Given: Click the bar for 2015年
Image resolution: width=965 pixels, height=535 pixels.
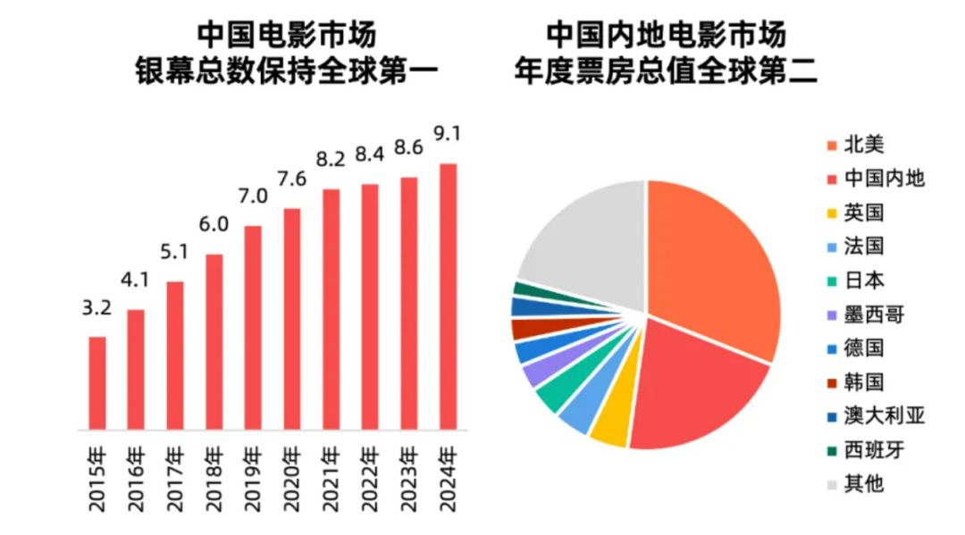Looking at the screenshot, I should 96,383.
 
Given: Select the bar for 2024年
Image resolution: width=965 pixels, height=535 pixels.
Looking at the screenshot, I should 449,297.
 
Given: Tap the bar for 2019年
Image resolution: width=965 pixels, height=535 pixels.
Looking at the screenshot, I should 253,328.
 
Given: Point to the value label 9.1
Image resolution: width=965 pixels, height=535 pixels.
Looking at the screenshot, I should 448,134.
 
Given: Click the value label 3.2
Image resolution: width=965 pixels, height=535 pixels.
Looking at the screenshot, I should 96,308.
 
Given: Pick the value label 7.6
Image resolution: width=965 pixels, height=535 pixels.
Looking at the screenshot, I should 291,180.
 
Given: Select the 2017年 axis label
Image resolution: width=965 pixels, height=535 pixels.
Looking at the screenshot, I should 176,481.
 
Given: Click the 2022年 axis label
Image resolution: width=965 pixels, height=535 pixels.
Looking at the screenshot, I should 371,481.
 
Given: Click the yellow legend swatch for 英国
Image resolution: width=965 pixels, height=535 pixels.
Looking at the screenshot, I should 832,213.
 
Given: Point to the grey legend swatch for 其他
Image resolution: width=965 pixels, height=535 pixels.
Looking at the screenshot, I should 832,484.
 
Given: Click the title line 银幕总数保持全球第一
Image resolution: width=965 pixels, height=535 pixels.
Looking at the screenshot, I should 287,71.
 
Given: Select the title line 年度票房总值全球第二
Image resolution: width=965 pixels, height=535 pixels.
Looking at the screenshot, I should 666,71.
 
